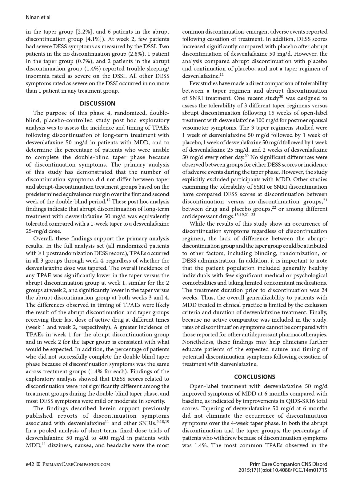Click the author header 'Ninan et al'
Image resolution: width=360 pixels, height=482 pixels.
(x=38, y=18)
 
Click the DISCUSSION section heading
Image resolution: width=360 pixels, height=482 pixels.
(x=98, y=103)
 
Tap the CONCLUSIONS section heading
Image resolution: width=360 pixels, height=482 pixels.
(x=254, y=377)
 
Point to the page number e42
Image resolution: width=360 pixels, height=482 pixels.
(x=30, y=464)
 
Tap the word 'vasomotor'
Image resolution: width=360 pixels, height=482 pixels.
(x=194, y=128)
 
